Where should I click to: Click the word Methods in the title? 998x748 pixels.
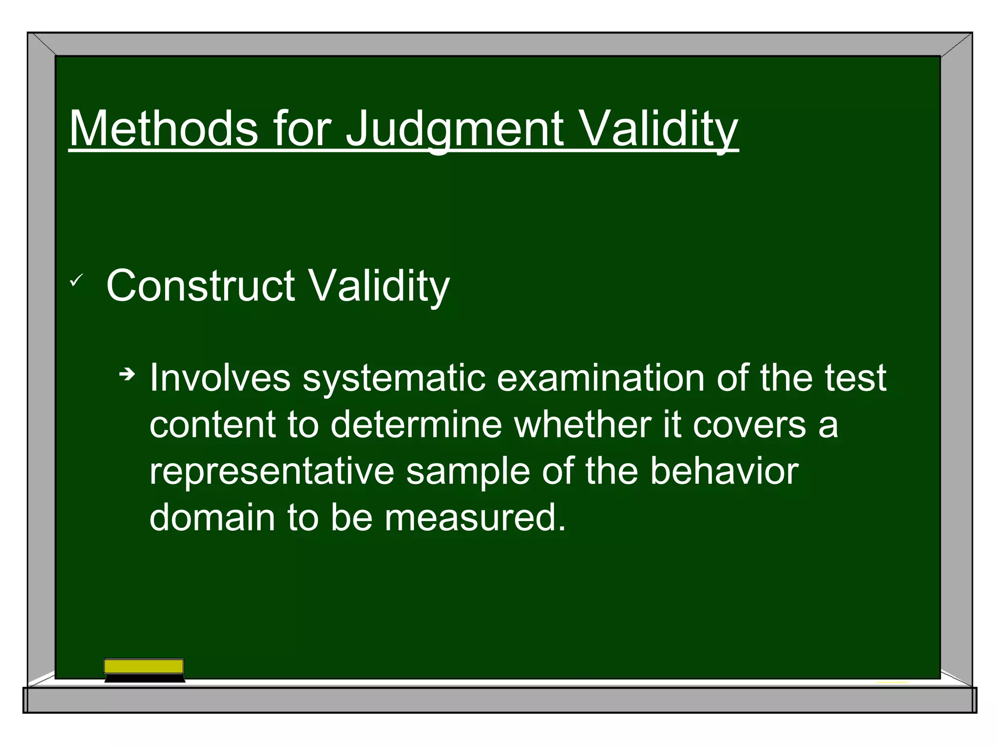point(163,128)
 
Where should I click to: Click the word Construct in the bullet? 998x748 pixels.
point(200,286)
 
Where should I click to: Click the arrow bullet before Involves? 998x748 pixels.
point(127,374)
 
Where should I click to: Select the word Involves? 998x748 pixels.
point(219,378)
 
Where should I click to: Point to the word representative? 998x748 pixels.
point(271,471)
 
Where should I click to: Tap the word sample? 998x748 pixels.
point(468,471)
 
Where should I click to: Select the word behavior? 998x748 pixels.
point(724,471)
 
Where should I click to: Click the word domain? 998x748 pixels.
point(212,517)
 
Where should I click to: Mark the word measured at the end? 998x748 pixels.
point(475,517)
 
